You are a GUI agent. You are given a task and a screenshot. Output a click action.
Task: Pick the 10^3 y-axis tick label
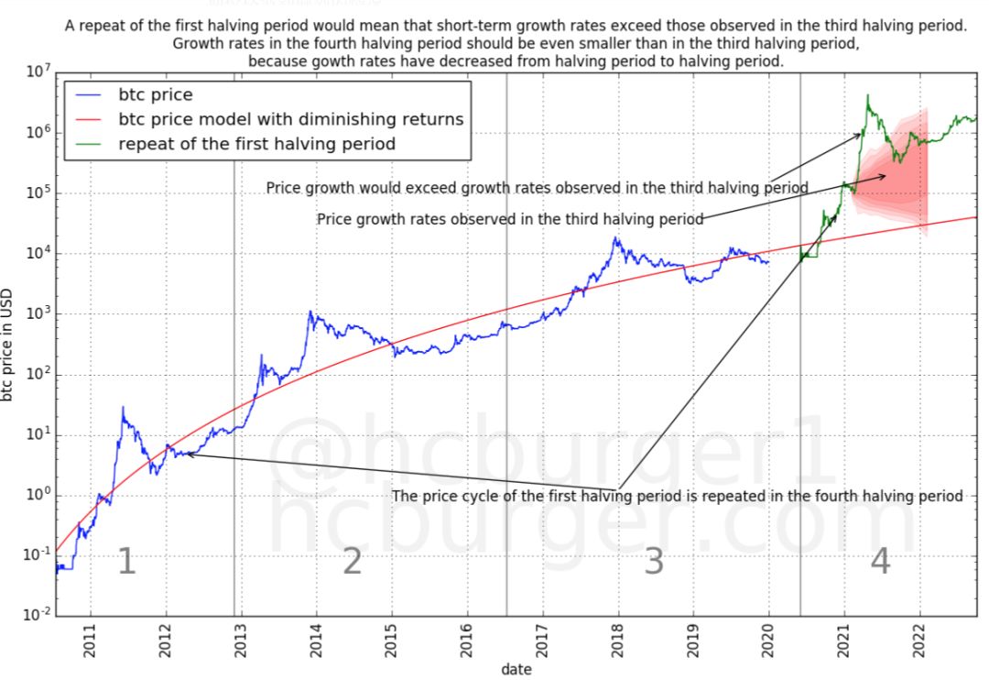36,314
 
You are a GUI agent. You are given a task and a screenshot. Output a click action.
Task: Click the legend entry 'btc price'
156,94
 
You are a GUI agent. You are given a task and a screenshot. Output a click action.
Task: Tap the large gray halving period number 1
127,562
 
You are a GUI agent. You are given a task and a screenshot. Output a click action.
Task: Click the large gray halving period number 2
353,562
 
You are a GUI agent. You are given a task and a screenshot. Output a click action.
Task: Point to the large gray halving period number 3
653,562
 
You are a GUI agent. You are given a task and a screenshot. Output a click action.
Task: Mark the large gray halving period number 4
880,562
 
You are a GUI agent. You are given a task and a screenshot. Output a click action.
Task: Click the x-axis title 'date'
516,669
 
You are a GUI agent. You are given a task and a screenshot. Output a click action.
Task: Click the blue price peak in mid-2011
123,408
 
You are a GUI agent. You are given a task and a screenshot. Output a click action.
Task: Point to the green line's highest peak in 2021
866,95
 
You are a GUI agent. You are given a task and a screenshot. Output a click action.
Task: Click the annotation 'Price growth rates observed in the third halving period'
510,220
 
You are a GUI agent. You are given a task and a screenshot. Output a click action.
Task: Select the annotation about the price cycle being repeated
678,496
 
